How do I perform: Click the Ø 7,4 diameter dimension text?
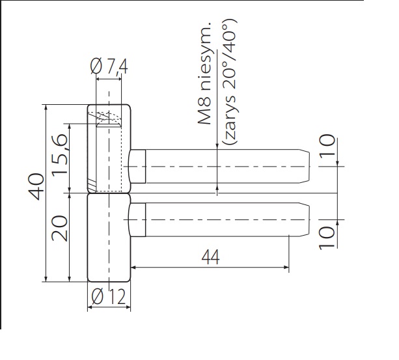point(109,66)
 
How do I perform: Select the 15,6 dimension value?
point(59,154)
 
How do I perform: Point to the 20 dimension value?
point(59,228)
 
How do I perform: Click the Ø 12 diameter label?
point(109,297)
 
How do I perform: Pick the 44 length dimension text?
point(210,257)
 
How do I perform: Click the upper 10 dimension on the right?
point(327,146)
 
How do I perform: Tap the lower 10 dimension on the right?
point(327,238)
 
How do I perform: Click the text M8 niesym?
point(204,73)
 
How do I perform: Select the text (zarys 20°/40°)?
point(230,82)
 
